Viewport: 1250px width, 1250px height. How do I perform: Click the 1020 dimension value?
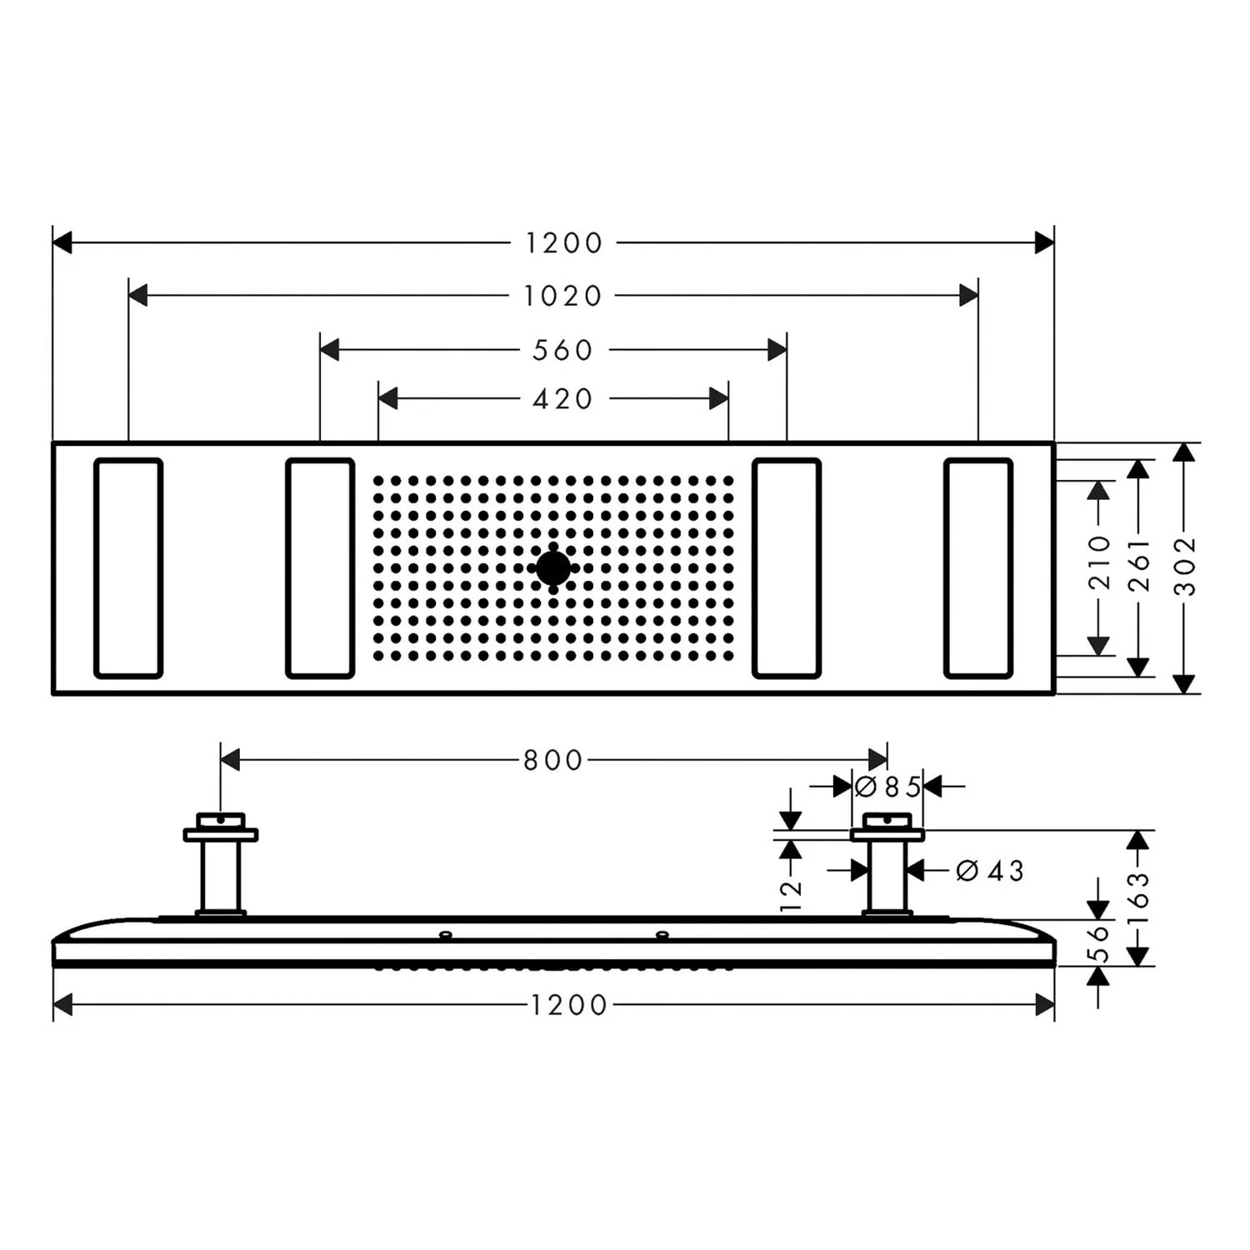coord(562,296)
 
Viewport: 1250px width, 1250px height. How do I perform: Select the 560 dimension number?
coord(562,350)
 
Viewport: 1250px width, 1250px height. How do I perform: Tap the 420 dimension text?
coord(562,399)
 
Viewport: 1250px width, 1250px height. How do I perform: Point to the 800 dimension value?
coord(552,760)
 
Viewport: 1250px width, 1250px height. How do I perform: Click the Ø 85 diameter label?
coord(888,787)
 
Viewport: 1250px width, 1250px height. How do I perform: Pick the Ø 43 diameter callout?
coord(990,871)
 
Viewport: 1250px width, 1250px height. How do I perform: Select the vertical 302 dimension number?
coord(1184,566)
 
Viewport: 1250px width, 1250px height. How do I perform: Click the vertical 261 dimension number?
coord(1138,566)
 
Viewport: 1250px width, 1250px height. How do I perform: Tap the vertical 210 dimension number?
coord(1099,563)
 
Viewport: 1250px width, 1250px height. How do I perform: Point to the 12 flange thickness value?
coord(790,894)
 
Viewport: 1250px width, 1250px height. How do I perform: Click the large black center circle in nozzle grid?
coord(553,568)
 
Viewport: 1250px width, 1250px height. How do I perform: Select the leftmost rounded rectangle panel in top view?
coord(128,567)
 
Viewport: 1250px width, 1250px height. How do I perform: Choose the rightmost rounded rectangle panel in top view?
coord(978,567)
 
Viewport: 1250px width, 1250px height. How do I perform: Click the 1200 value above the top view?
coord(563,243)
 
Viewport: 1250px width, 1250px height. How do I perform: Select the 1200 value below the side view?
coord(569,1005)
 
